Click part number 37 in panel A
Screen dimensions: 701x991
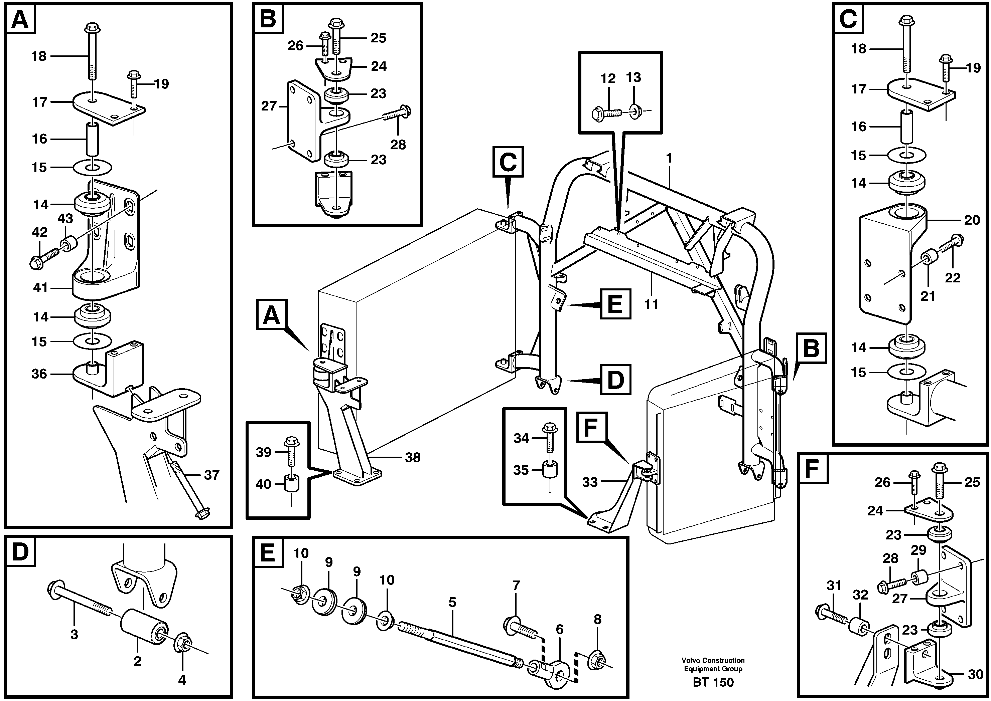click(212, 475)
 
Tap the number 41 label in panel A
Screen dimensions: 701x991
click(41, 287)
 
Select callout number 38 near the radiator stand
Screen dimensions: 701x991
click(413, 458)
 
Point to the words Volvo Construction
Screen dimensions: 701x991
click(713, 660)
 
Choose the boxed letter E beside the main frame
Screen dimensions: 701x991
click(615, 304)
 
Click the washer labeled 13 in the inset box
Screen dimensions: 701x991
click(634, 112)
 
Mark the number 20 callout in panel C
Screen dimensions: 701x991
click(972, 220)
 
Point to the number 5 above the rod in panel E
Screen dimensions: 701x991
click(452, 603)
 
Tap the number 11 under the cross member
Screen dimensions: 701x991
click(651, 304)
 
